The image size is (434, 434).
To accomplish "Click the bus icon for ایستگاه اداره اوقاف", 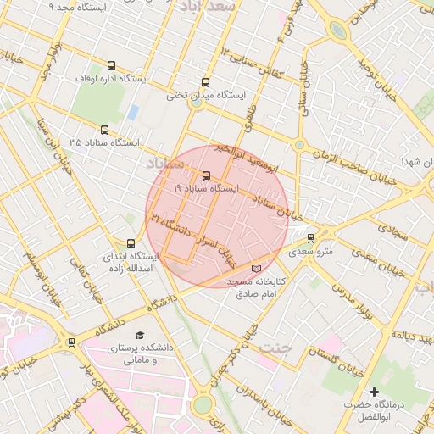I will coord(112,65).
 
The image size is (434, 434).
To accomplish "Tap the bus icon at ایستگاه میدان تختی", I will coord(205,83).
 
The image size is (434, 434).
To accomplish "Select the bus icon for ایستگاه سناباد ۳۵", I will coord(104,131).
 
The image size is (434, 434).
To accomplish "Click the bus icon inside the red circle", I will coord(207,176).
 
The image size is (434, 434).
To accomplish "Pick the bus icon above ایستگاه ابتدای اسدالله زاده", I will coord(131,243).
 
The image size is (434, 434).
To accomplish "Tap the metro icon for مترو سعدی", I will coord(310,239).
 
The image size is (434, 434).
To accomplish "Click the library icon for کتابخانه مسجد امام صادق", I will coord(257,270).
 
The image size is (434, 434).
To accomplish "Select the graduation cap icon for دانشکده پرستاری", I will coord(140,336).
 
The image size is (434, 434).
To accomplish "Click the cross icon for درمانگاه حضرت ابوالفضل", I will coord(374,392).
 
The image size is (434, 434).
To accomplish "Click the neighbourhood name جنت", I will coord(275,348).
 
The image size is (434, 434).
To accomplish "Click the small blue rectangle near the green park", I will coord(133,112).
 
